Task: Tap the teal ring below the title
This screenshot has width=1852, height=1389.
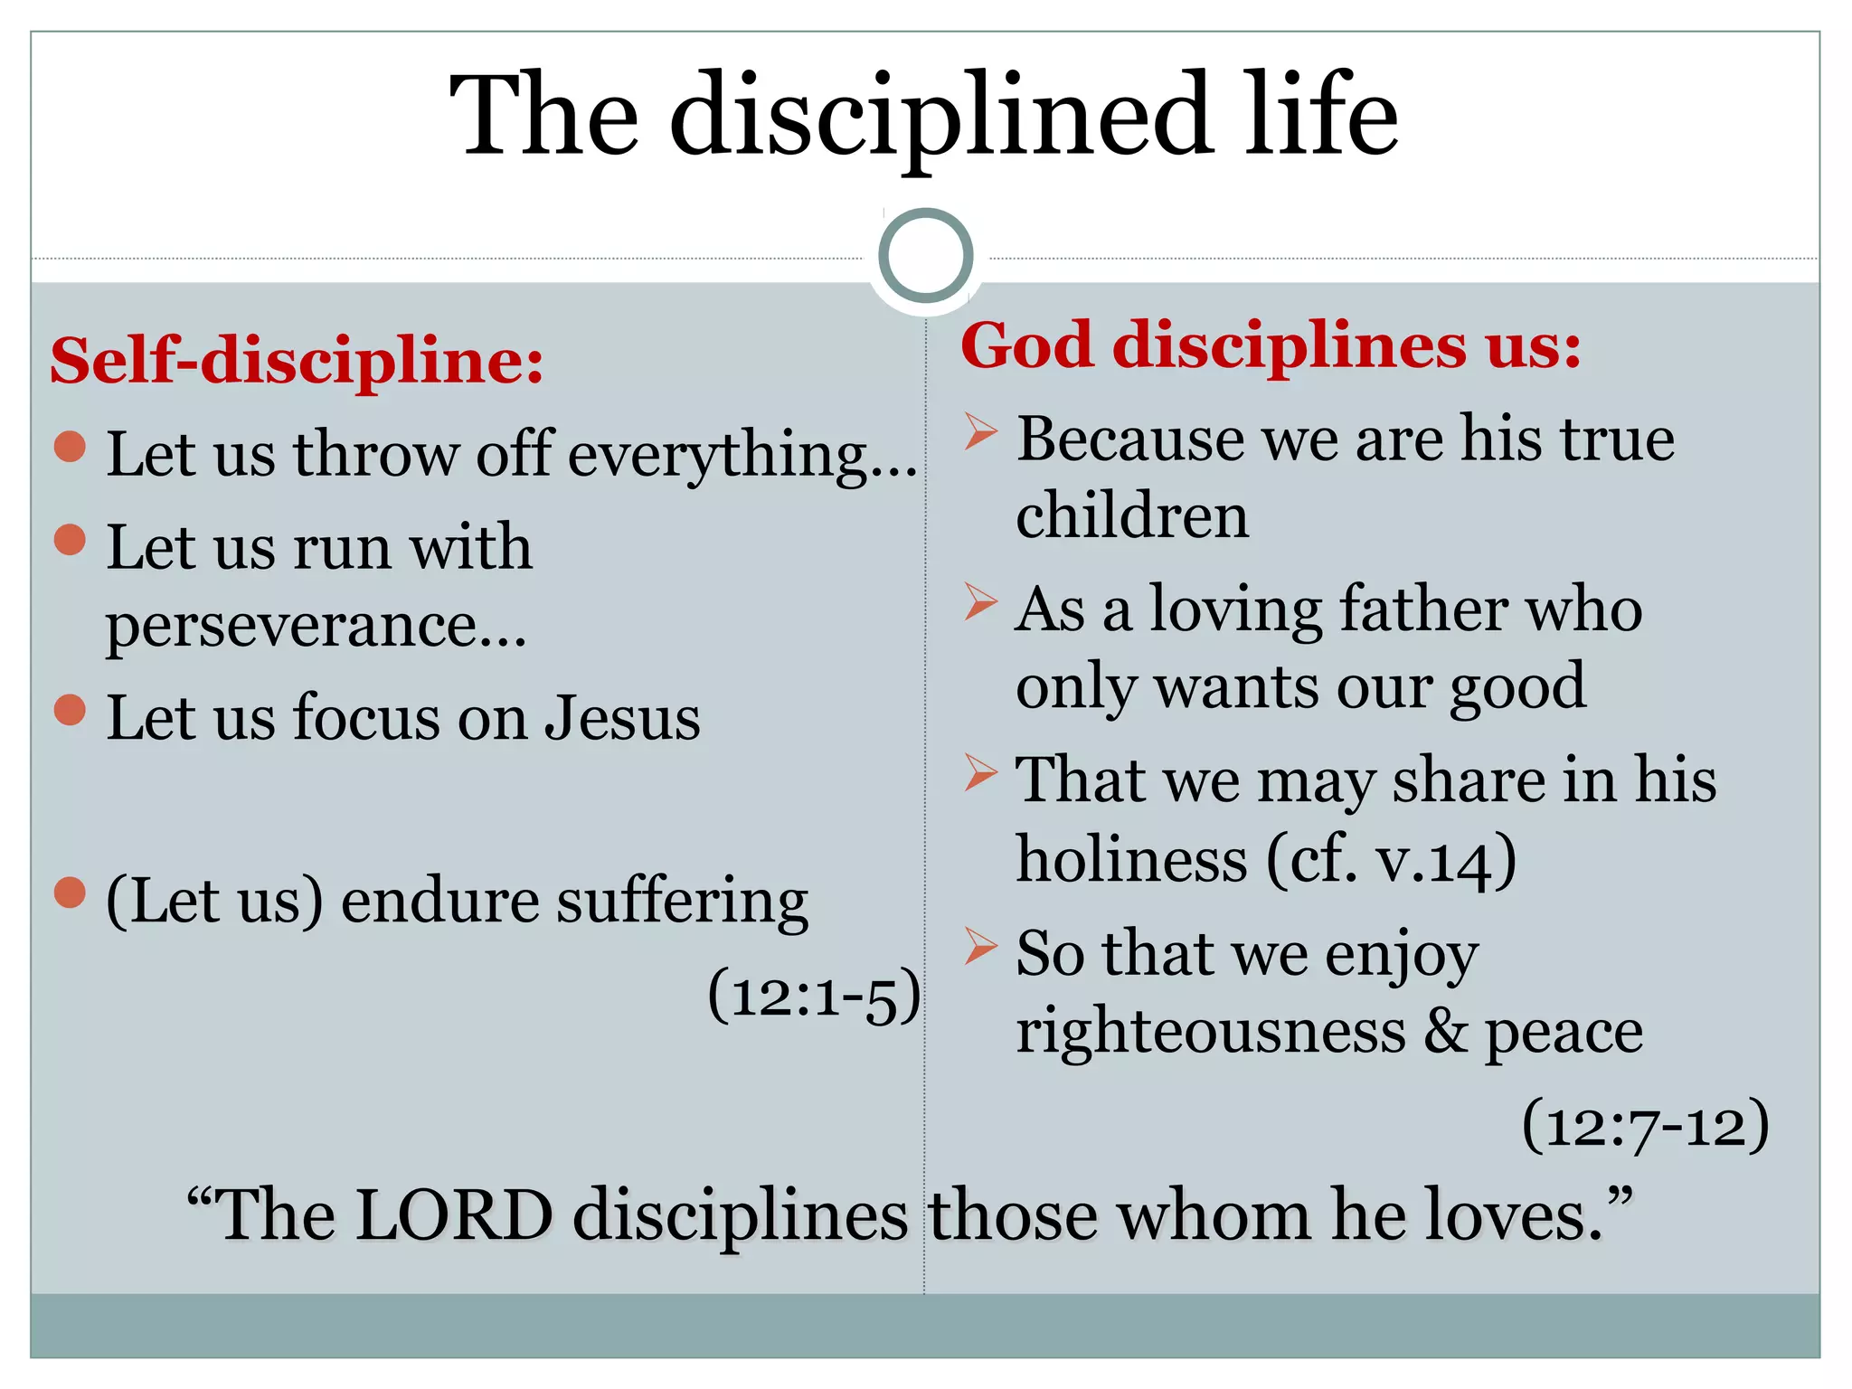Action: (925, 256)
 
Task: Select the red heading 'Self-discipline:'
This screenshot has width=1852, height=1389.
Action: (297, 361)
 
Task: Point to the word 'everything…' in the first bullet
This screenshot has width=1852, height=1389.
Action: (742, 455)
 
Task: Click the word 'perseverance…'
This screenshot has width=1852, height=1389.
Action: (316, 626)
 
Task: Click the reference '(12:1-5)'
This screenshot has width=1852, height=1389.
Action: (814, 997)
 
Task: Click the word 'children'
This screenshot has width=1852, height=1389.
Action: (1132, 517)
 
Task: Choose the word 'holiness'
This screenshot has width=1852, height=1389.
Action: (1131, 859)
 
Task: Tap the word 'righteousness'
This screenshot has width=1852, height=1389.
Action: (1211, 1031)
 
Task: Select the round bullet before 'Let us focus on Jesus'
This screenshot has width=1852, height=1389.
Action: (70, 711)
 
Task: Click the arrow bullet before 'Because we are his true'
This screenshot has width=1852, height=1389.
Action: (980, 431)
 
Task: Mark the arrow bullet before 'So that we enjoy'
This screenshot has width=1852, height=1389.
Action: (980, 946)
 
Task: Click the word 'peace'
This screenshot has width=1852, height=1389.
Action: (1564, 1033)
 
